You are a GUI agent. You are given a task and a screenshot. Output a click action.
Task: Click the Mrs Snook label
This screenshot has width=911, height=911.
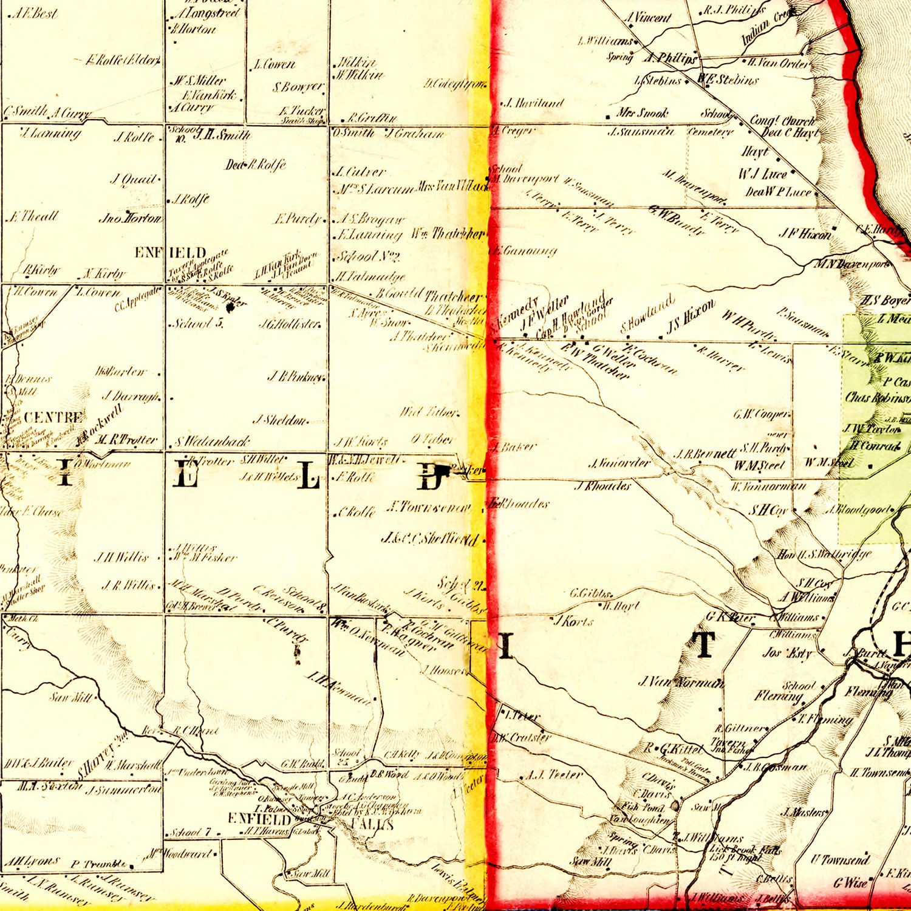coord(642,113)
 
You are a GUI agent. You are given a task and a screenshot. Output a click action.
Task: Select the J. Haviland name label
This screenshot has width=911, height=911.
coord(534,103)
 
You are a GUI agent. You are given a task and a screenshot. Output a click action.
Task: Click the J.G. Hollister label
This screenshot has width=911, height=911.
coord(290,324)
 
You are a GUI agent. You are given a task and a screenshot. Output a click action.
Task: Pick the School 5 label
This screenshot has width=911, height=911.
coord(198,323)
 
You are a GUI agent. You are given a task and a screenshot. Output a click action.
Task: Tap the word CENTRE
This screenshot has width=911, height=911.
coord(53,417)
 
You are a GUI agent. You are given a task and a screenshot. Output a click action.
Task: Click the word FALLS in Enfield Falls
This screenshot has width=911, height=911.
coord(372,825)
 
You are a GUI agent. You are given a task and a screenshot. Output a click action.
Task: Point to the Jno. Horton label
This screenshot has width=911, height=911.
coord(131,218)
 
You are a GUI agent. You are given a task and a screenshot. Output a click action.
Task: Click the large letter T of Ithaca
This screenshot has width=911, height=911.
coord(705,645)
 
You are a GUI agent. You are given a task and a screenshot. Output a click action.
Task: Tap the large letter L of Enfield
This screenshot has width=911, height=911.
coord(308,477)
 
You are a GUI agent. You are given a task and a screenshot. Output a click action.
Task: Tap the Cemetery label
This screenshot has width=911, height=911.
coord(711,132)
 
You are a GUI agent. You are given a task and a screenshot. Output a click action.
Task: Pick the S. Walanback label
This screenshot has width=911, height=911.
coord(213,441)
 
